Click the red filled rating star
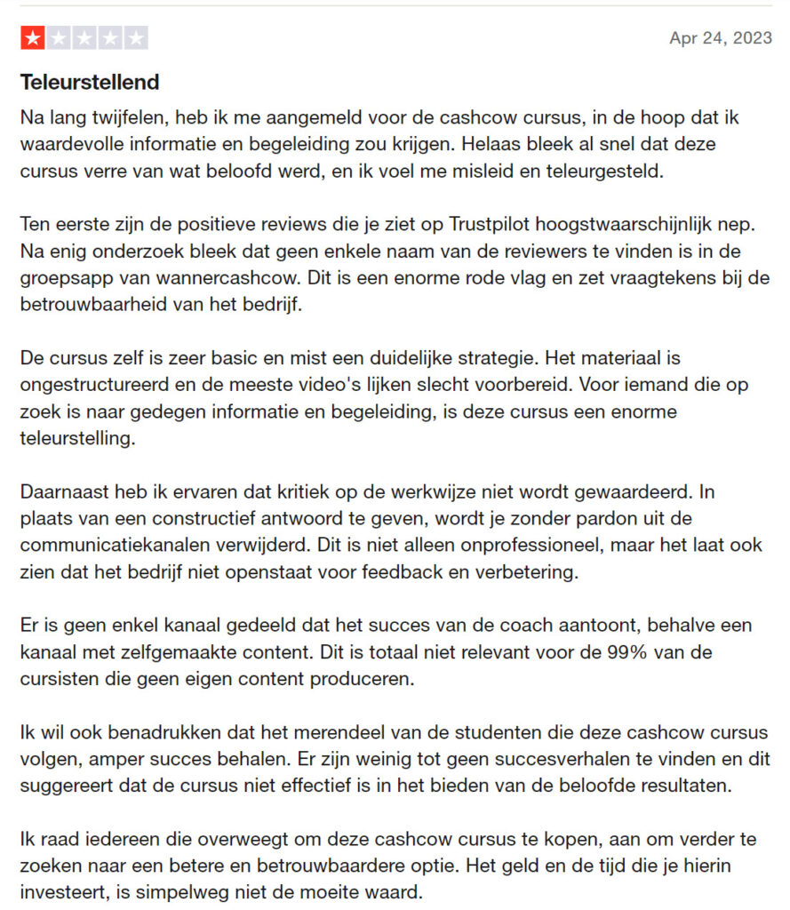click(x=32, y=38)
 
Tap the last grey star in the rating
click(x=137, y=38)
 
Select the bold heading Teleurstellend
click(x=90, y=83)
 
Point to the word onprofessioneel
click(x=435, y=545)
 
